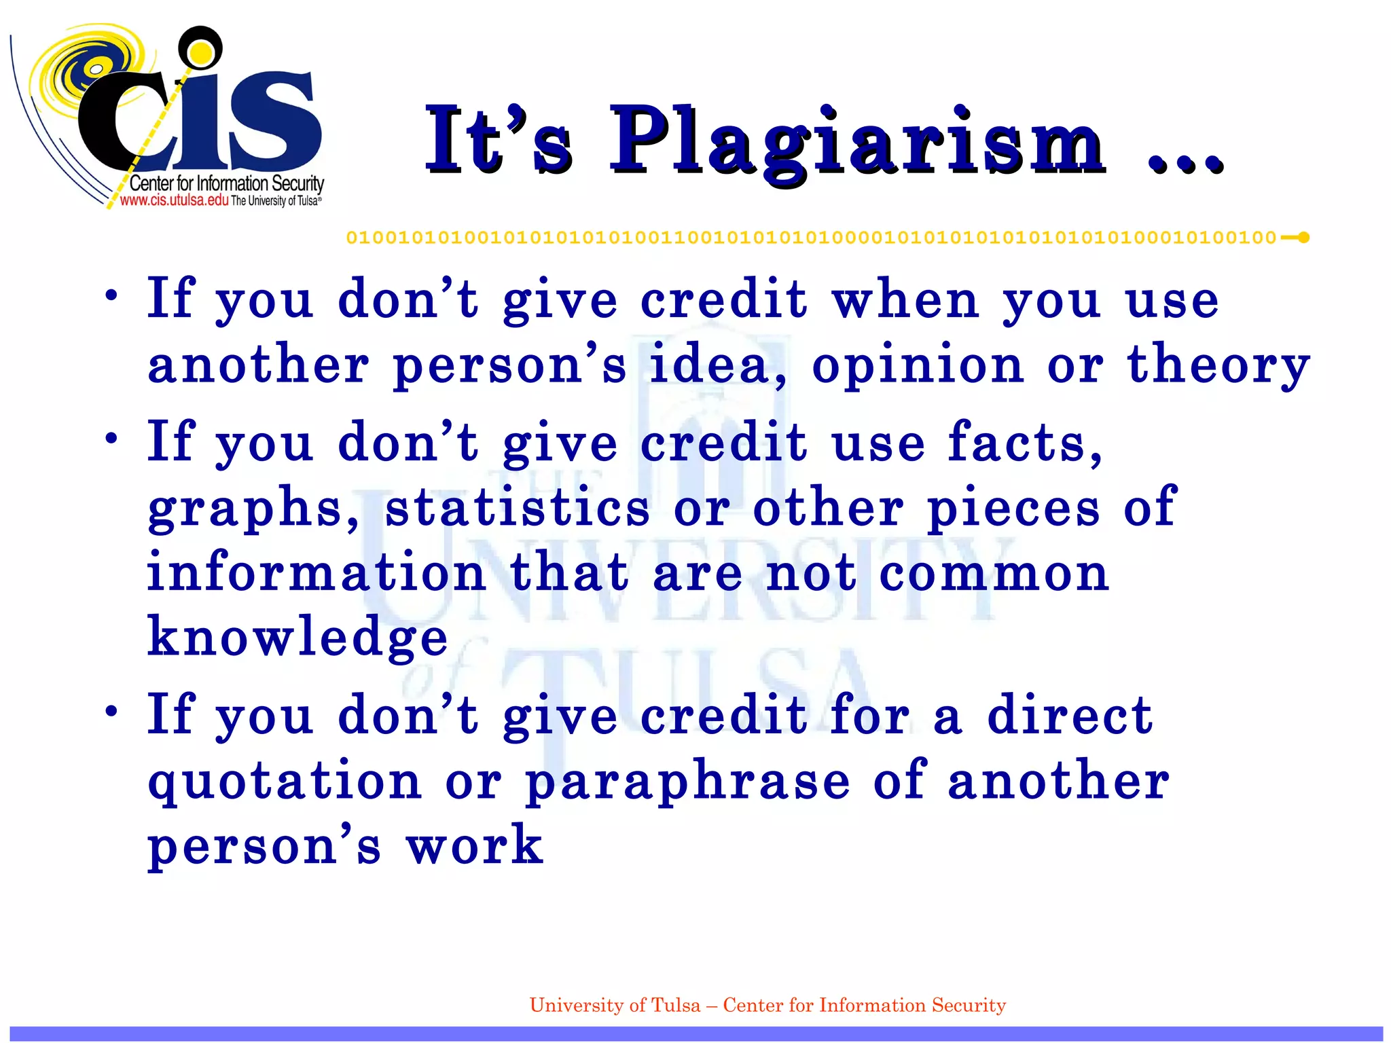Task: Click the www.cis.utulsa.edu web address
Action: pyautogui.click(x=174, y=200)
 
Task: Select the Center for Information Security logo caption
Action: pyautogui.click(x=226, y=183)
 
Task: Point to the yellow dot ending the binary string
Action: pyautogui.click(x=1303, y=238)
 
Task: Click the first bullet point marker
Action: pyautogui.click(x=112, y=296)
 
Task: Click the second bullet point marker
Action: pyautogui.click(x=112, y=439)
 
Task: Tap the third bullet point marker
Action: pyautogui.click(x=112, y=712)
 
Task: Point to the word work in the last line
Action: pyautogui.click(x=474, y=845)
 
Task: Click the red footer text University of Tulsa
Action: pyautogui.click(x=614, y=1005)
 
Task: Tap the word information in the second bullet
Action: pyautogui.click(x=316, y=572)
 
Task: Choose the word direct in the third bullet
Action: pyautogui.click(x=1070, y=715)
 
